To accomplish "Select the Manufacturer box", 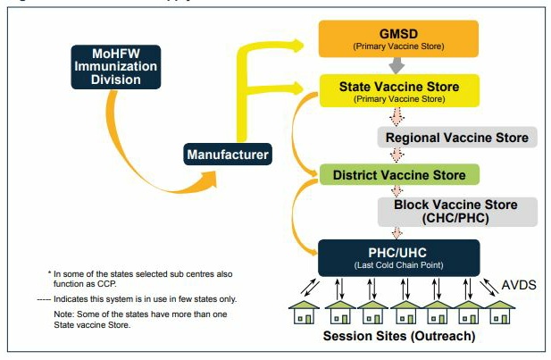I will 227,155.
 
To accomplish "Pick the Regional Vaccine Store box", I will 455,138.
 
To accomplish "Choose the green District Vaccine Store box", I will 399,174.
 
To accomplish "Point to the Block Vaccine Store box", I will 455,211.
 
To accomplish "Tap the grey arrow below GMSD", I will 397,66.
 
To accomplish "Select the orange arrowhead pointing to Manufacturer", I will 207,182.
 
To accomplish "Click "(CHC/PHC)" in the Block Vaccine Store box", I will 455,218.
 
